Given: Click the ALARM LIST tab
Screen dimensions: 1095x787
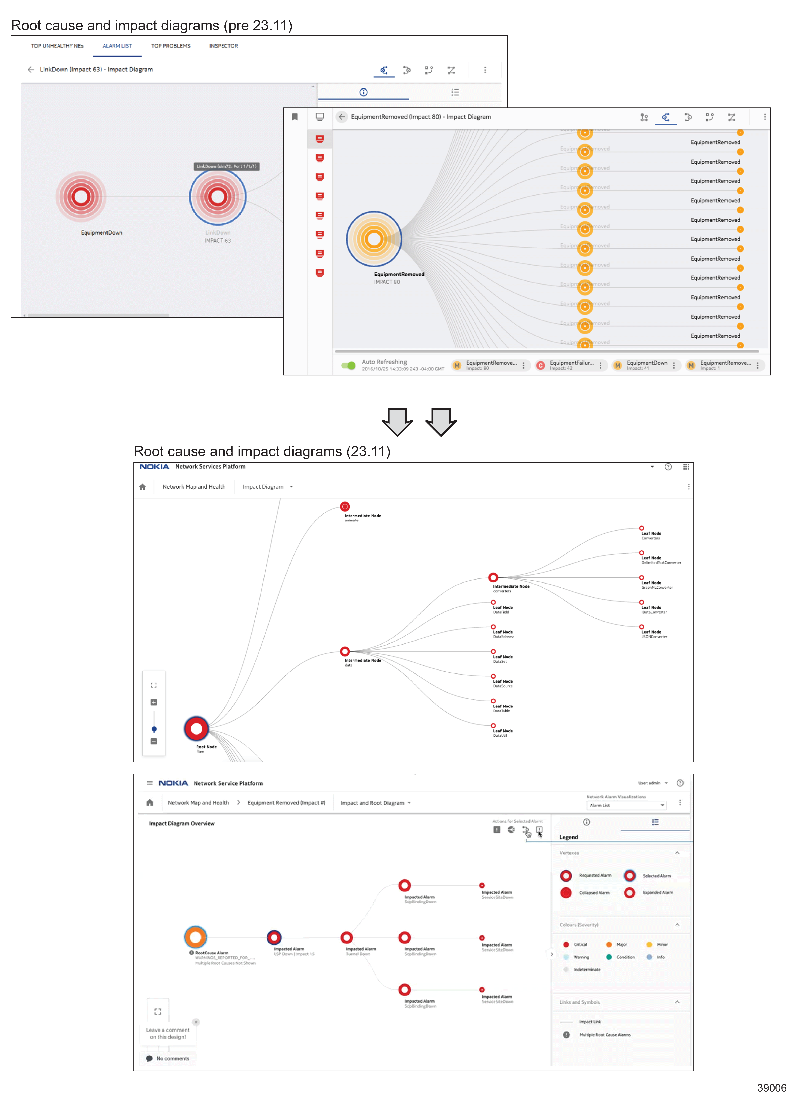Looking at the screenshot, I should pos(117,46).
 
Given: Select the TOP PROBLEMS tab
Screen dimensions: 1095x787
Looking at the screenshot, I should pos(170,46).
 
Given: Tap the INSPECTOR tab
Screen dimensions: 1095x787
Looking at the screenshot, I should pos(223,46).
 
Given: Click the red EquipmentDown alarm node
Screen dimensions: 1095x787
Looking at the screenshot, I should pos(81,196).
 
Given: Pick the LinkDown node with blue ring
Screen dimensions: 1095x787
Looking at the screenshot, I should pos(217,196).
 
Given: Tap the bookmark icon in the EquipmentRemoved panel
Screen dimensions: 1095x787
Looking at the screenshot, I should pos(295,117).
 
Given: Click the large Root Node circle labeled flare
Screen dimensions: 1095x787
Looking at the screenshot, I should pos(196,729).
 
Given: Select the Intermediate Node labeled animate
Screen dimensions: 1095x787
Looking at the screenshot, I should pos(345,506).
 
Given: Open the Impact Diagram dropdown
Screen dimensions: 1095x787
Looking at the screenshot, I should pos(268,487).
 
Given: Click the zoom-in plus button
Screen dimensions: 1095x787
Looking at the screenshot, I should pos(154,702).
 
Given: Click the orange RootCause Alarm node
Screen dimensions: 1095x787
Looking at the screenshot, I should pos(195,937).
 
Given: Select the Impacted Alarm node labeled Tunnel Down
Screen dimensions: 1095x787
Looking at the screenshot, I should pos(346,938).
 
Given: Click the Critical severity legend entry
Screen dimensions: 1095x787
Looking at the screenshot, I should pos(575,944).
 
